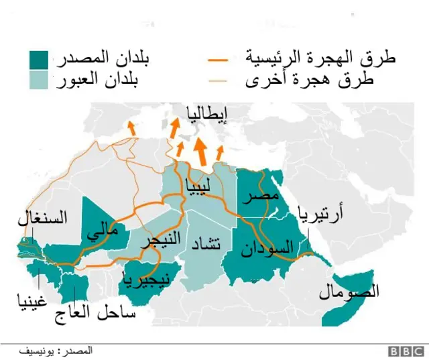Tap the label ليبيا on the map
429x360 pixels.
coord(199,182)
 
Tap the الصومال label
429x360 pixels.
coord(349,292)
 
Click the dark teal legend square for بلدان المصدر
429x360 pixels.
coord(40,59)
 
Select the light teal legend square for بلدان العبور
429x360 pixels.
coord(40,80)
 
